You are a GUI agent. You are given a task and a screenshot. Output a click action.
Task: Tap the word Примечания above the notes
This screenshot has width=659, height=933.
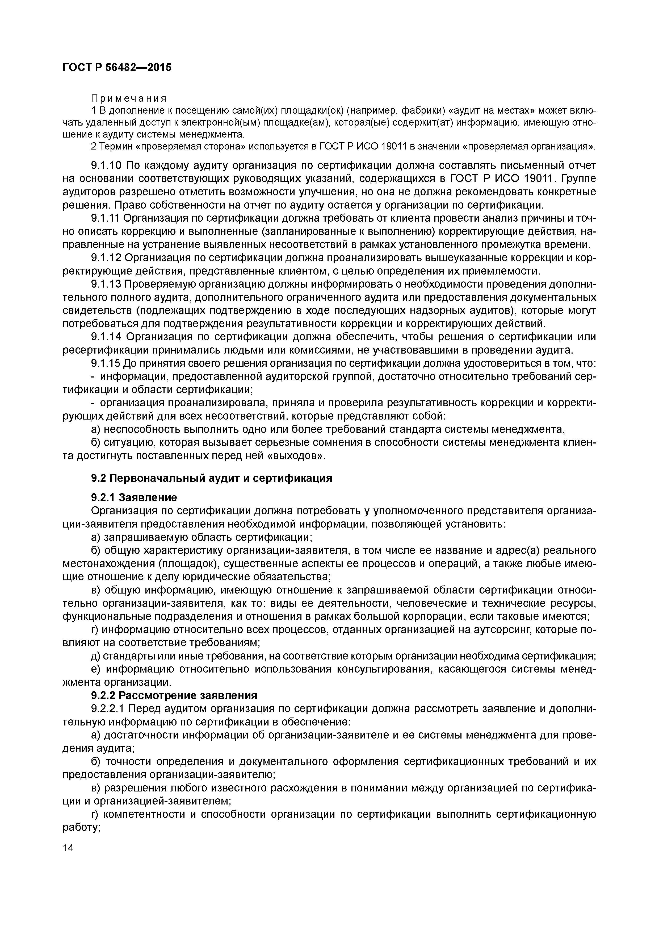(128, 99)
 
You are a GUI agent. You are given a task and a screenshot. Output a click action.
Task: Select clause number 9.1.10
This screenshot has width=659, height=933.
(106, 166)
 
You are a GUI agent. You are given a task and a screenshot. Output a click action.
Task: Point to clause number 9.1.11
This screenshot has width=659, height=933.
(105, 219)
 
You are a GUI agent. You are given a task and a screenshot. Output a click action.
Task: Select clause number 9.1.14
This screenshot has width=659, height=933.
(106, 337)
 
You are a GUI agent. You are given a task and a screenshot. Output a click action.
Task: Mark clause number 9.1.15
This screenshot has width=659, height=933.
(106, 364)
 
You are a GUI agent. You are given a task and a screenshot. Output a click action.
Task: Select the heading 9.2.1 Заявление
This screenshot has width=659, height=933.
(134, 498)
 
